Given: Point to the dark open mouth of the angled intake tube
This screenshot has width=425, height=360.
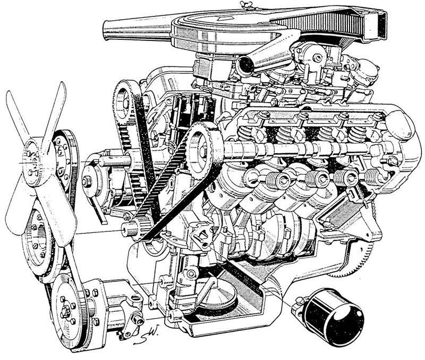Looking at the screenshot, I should [x=245, y=65].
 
